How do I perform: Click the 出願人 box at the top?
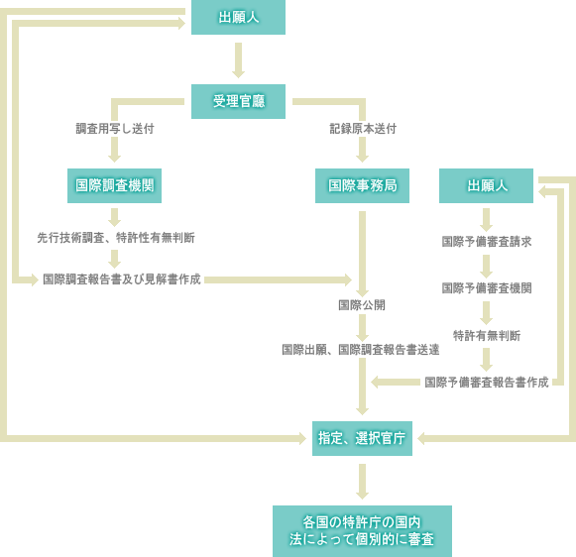coord(238,17)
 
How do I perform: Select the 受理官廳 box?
coord(238,101)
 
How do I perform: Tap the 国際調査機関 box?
coord(114,185)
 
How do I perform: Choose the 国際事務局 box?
coord(362,185)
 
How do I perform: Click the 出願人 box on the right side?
coord(486,185)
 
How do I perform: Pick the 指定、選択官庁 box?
coord(362,438)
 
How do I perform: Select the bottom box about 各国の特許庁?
coord(362,531)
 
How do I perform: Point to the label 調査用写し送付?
coord(115,129)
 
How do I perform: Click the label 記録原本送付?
coord(363,129)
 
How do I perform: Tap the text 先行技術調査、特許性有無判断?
coord(116,238)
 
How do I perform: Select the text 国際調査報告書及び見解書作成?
coord(122,279)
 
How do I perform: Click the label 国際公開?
coord(362,305)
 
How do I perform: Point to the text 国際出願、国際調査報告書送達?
coord(360,350)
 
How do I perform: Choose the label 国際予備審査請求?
coord(487,242)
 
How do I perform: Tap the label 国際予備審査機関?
coord(487,288)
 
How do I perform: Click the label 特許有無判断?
coord(487,336)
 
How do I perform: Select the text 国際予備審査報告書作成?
coord(487,383)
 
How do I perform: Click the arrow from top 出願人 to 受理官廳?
coord(238,60)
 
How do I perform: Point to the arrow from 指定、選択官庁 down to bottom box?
coord(362,482)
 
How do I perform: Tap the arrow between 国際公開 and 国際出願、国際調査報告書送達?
coord(362,328)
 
